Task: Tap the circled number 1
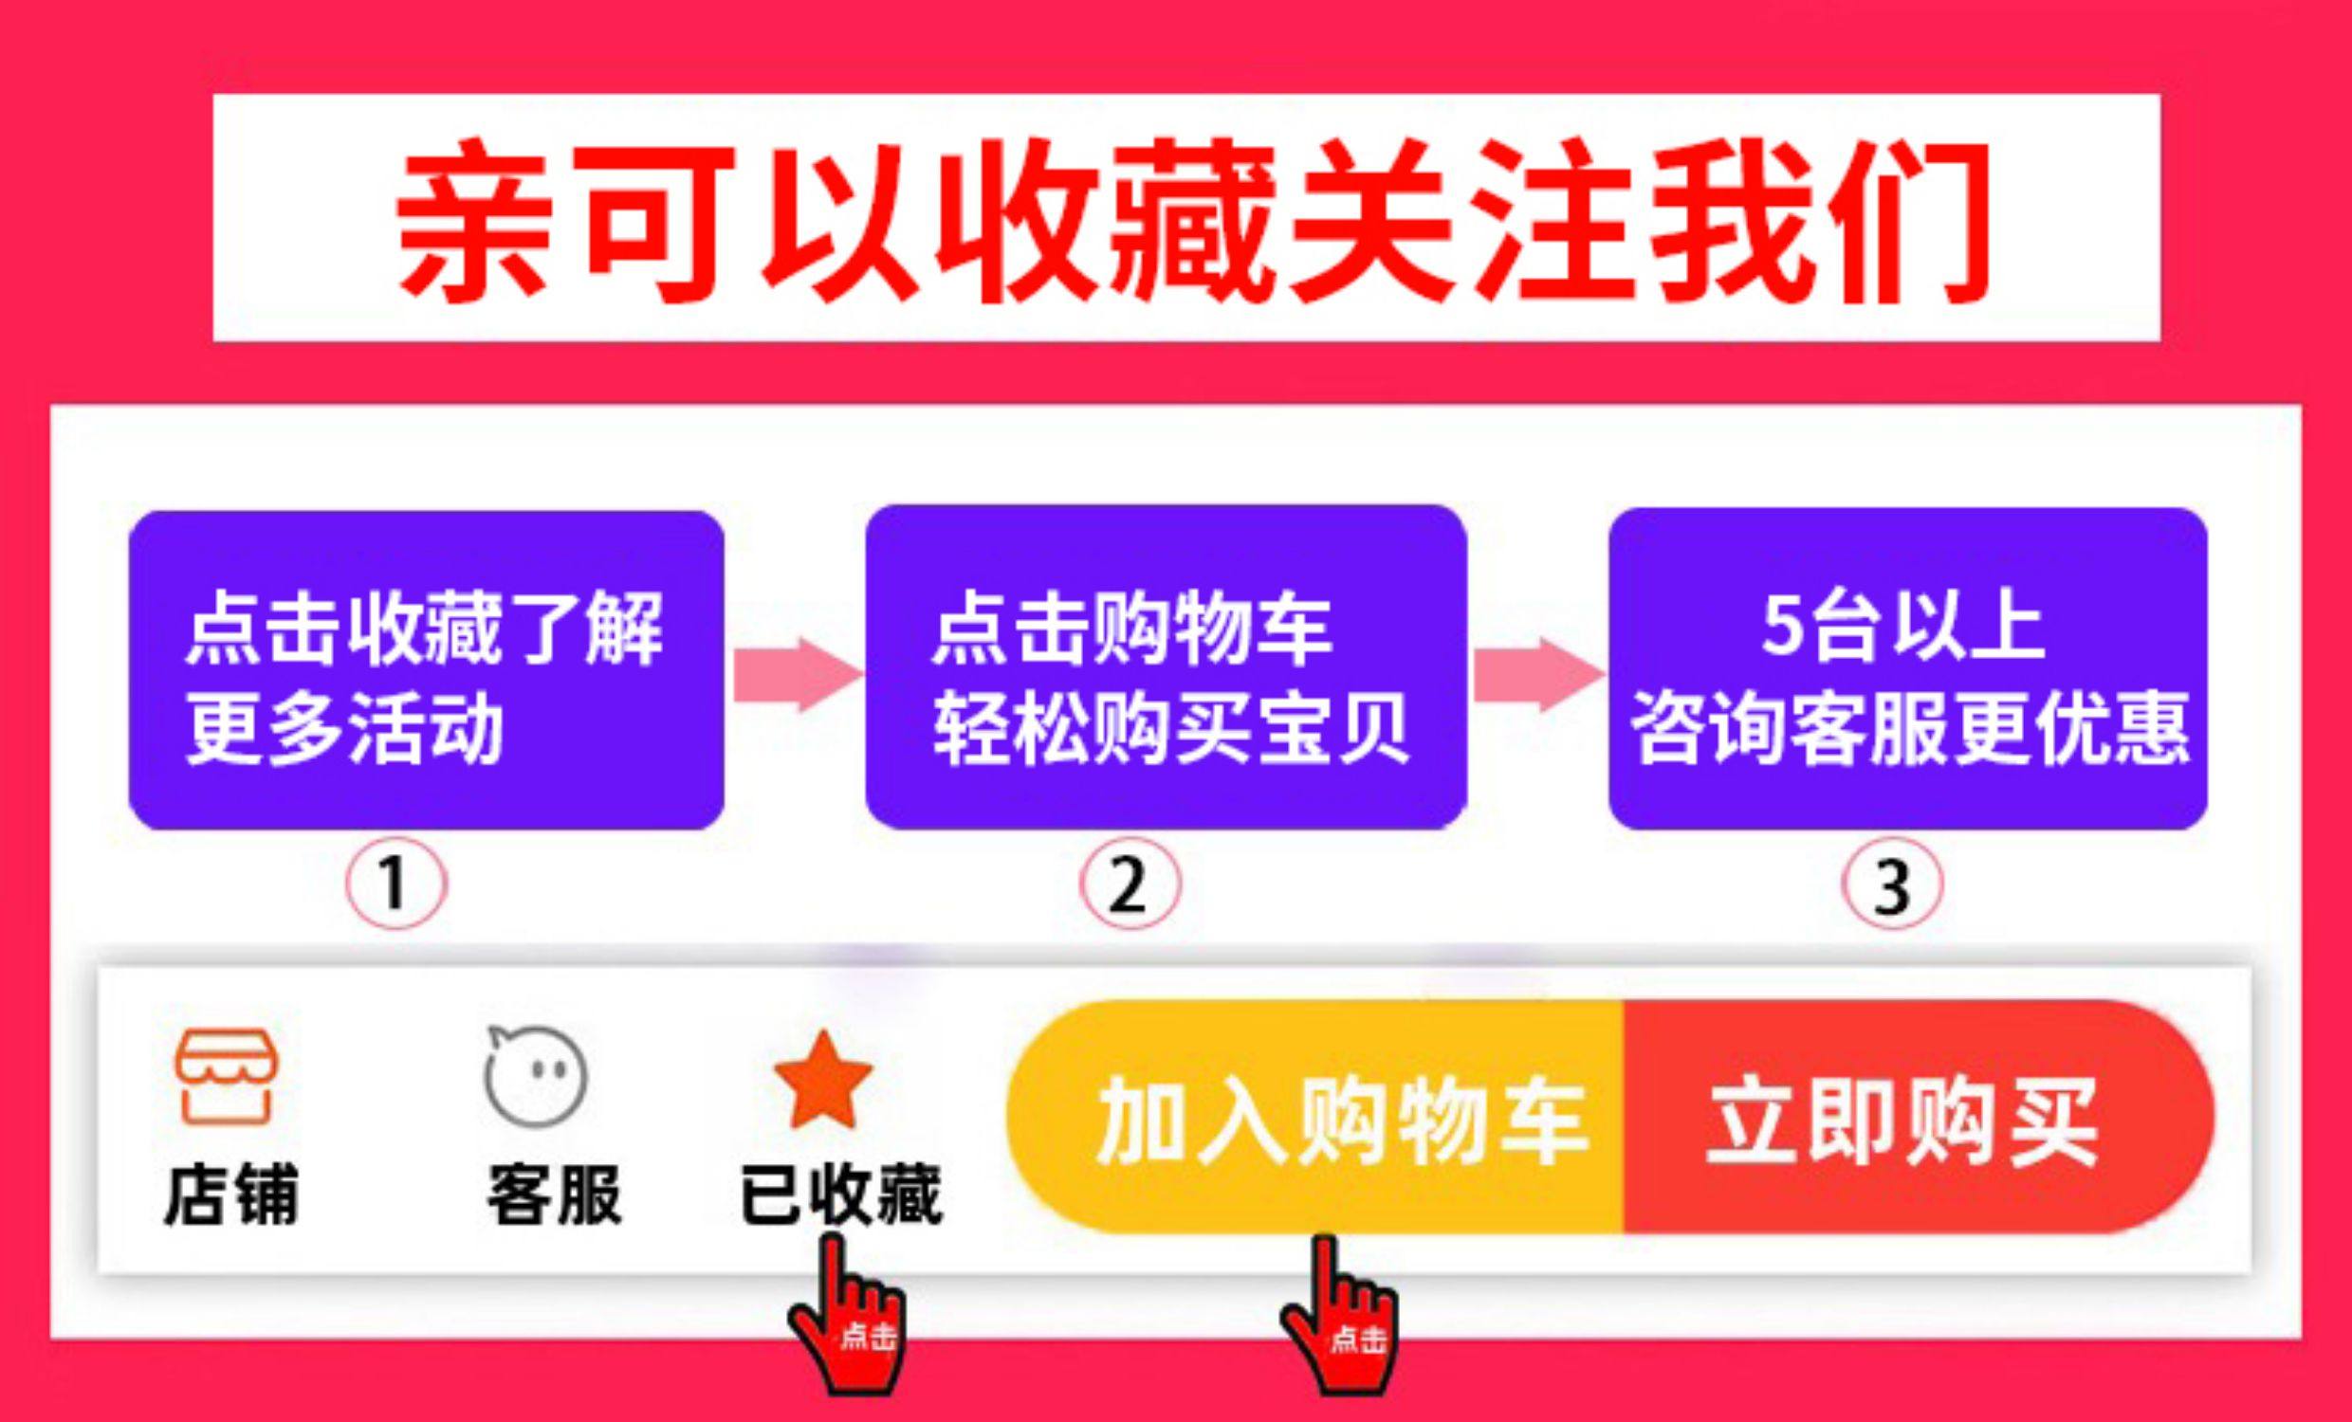pyautogui.click(x=395, y=884)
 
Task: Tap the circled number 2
pyautogui.click(x=1130, y=884)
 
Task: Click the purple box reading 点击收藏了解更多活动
pyautogui.click(x=426, y=670)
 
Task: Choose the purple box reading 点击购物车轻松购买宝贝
pyautogui.click(x=1166, y=668)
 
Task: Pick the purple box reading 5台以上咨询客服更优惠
pyautogui.click(x=1907, y=668)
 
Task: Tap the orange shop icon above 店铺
pyautogui.click(x=227, y=1076)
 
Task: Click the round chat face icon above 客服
pyautogui.click(x=537, y=1076)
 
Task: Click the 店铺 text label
pyautogui.click(x=231, y=1194)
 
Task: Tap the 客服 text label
pyautogui.click(x=555, y=1194)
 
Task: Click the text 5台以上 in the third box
pyautogui.click(x=1902, y=627)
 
